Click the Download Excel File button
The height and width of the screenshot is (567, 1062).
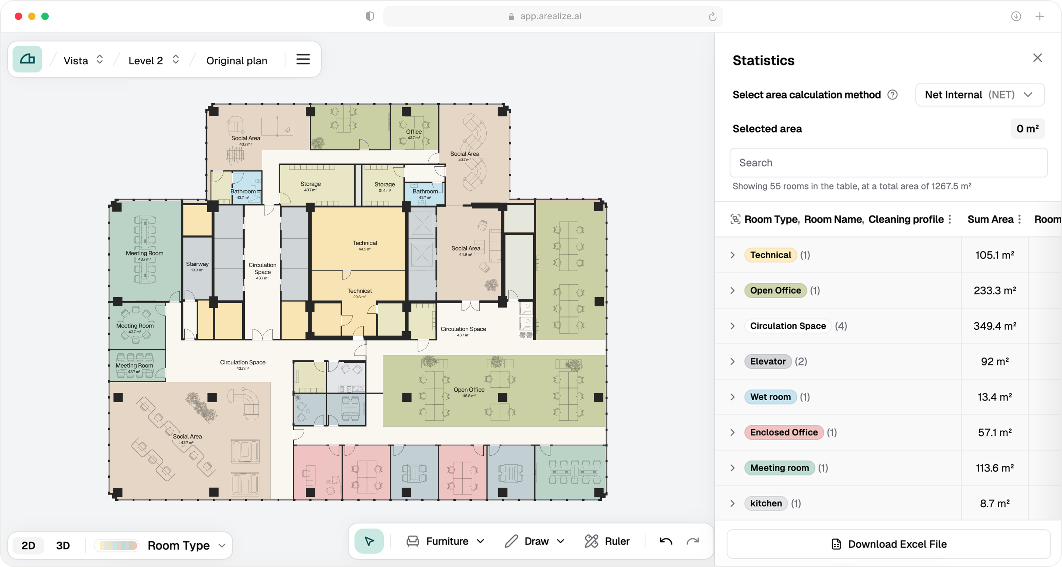(x=888, y=544)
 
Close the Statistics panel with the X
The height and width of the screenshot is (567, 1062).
(x=1037, y=58)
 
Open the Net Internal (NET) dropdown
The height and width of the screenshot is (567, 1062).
(x=980, y=95)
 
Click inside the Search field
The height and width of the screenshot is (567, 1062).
(x=888, y=163)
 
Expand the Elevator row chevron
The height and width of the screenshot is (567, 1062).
(x=733, y=361)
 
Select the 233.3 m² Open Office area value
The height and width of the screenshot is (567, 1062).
(x=994, y=291)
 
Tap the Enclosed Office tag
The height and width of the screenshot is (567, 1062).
(x=784, y=432)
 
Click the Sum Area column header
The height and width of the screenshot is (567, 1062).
(x=990, y=219)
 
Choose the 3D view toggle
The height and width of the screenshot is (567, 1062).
(x=63, y=545)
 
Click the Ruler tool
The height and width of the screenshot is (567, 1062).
(x=607, y=541)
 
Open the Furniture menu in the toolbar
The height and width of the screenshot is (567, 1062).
(x=446, y=541)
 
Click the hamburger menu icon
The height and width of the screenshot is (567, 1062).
(x=303, y=59)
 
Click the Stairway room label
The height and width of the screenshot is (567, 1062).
(x=197, y=264)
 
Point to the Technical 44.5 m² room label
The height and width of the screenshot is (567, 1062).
(x=365, y=243)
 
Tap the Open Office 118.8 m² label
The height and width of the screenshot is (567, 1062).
(x=469, y=390)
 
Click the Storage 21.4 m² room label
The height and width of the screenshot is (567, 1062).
(x=384, y=184)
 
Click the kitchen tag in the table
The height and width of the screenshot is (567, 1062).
(x=765, y=503)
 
